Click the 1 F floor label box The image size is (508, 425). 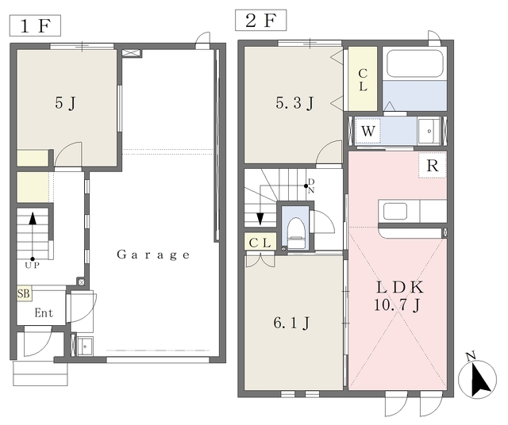[x=35, y=25]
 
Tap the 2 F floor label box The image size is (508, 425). [x=261, y=20]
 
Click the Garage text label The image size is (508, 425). [x=153, y=255]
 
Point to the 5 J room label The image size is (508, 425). [x=65, y=103]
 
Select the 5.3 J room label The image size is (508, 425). [x=294, y=103]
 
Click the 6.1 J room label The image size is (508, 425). [x=291, y=323]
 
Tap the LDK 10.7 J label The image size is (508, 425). [x=399, y=296]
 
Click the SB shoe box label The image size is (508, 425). [x=24, y=293]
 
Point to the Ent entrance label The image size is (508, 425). [x=44, y=313]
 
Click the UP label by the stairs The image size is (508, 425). [x=33, y=266]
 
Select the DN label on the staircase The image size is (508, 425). [x=311, y=186]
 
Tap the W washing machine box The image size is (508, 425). [x=368, y=131]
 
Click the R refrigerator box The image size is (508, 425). [x=433, y=165]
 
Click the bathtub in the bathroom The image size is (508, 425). [x=414, y=63]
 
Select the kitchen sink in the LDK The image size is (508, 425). [x=395, y=211]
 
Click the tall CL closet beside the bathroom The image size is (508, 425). [x=363, y=79]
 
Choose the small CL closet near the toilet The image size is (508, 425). [x=260, y=242]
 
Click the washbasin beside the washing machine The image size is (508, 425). [x=429, y=132]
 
